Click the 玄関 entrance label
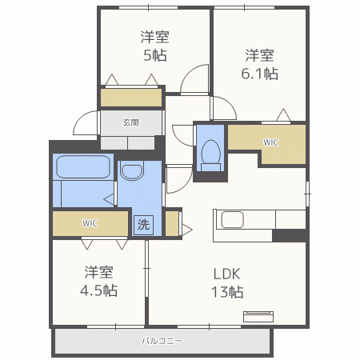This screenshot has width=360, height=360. click(x=130, y=122)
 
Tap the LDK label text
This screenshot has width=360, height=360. click(x=226, y=274)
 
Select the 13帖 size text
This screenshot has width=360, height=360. click(x=227, y=292)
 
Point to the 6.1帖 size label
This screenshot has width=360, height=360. click(x=259, y=74)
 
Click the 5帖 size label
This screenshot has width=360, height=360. click(x=155, y=55)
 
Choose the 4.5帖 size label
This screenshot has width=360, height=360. click(x=98, y=290)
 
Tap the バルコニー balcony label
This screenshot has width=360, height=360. click(x=162, y=341)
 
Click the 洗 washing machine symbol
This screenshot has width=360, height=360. click(x=143, y=225)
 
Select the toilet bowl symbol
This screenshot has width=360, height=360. click(x=210, y=155)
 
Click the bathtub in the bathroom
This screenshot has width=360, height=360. click(x=83, y=167)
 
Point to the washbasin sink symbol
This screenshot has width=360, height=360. click(x=132, y=172)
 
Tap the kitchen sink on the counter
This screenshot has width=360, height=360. click(x=232, y=220)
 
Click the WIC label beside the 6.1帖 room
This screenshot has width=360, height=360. click(x=270, y=142)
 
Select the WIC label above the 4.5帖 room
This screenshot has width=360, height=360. click(x=90, y=223)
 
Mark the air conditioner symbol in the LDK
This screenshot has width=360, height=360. click(x=258, y=316)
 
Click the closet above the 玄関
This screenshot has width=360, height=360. click(x=131, y=98)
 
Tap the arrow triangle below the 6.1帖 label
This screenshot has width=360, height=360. click(x=283, y=114)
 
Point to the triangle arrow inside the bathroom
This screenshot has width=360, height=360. click(x=109, y=199)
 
